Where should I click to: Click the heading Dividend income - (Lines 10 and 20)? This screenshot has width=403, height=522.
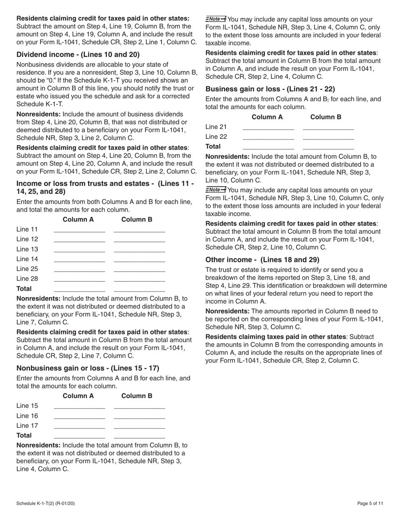click(x=78, y=54)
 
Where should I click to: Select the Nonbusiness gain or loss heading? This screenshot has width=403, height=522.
click(x=88, y=368)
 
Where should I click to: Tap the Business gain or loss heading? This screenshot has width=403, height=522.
click(x=270, y=89)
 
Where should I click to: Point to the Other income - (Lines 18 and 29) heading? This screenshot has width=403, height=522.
click(x=262, y=260)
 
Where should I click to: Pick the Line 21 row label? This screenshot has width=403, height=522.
click(x=216, y=127)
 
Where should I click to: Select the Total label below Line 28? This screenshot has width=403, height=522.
click(x=24, y=289)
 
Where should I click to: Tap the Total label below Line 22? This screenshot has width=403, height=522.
click(x=213, y=146)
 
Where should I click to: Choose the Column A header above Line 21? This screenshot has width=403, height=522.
click(x=267, y=117)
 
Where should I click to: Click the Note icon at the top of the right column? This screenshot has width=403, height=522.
click(x=215, y=19)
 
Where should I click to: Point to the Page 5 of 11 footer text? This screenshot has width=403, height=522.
click(x=370, y=503)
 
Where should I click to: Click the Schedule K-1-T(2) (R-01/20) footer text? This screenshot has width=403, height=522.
click(x=46, y=503)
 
